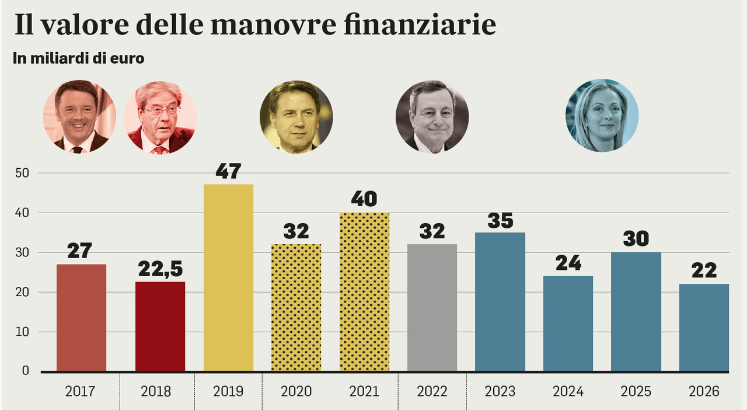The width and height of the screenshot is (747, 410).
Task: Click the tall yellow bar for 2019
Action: coord(228,277)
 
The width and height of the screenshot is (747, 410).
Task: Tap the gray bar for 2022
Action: coord(432,307)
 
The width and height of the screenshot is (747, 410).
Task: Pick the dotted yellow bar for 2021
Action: coord(364,291)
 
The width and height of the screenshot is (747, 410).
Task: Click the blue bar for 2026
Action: coord(704,327)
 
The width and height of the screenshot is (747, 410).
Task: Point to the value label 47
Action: coord(228,172)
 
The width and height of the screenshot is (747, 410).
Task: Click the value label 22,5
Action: coord(160,269)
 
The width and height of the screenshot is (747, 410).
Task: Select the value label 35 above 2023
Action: coord(500,220)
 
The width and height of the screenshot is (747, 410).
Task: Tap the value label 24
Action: coord(568,263)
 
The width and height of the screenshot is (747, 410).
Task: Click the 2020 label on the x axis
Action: coord(296,391)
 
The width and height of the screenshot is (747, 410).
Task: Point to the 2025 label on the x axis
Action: coord(636,391)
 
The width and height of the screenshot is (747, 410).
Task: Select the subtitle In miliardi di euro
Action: coord(78,59)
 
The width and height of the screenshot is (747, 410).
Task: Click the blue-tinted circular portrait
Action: coord(602,116)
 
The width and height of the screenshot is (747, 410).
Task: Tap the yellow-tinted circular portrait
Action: coord(296,117)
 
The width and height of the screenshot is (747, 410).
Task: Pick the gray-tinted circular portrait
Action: coord(432,117)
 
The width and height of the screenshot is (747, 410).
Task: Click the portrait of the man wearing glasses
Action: coord(160,117)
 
